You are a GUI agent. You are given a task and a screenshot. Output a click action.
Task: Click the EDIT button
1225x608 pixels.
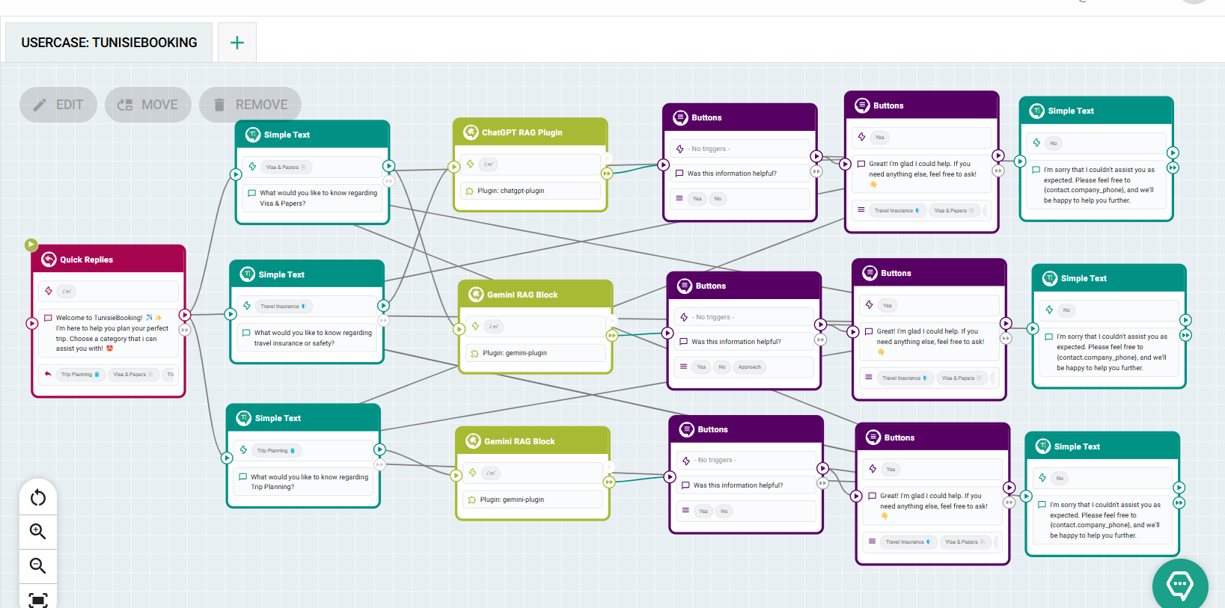[x=58, y=105]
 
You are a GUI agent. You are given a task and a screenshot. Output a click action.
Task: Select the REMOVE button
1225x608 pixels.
[x=250, y=105]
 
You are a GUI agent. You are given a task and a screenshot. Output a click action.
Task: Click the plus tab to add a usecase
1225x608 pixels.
[x=237, y=43]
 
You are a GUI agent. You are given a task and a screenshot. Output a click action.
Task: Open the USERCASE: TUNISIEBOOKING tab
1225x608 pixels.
[x=109, y=43]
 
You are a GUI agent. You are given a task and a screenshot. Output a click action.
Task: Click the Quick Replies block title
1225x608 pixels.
[x=87, y=260]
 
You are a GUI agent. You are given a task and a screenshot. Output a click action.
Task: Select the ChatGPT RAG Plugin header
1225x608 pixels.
[x=522, y=132]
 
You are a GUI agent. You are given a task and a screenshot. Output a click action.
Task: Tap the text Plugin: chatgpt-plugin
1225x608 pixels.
[x=511, y=191]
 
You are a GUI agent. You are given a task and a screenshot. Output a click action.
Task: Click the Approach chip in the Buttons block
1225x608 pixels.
[x=749, y=367]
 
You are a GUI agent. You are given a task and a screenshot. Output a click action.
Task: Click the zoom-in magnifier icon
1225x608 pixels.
[x=38, y=532]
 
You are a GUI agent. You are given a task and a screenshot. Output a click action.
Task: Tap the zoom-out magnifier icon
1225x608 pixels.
[x=38, y=565]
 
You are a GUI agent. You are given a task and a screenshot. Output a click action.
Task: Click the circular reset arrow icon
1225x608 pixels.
[x=38, y=498]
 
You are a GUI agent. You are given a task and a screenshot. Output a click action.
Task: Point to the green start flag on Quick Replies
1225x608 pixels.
[x=31, y=245]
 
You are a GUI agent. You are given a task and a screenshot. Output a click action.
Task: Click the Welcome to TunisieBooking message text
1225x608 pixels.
[x=111, y=333]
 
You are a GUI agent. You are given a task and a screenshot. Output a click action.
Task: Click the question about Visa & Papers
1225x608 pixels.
[x=318, y=198]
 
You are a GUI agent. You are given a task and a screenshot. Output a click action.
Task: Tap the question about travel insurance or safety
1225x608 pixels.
[x=312, y=338]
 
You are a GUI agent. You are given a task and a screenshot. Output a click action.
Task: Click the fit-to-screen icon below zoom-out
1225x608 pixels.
[x=38, y=599]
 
